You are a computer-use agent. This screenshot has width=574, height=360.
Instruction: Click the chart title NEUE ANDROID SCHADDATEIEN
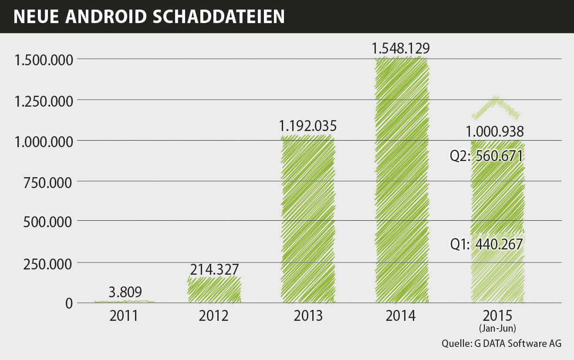coord(149,16)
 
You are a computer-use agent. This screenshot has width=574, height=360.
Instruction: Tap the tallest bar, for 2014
coord(402,183)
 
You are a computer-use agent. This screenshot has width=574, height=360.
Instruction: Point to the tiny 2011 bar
coord(124,301)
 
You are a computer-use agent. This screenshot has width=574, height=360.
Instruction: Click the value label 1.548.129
coord(401,48)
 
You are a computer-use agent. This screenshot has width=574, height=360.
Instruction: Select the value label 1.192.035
coord(308,126)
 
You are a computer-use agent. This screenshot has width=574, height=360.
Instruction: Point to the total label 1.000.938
coord(495,131)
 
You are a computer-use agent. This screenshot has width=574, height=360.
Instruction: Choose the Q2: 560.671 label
coord(486,155)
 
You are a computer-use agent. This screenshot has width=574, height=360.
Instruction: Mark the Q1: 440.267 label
coord(486,245)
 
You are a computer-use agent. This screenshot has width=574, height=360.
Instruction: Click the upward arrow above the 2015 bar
coord(496,108)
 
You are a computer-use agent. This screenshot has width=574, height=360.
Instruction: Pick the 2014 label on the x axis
coord(401,316)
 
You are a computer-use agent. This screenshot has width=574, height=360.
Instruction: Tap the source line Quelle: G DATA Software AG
coord(501,343)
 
